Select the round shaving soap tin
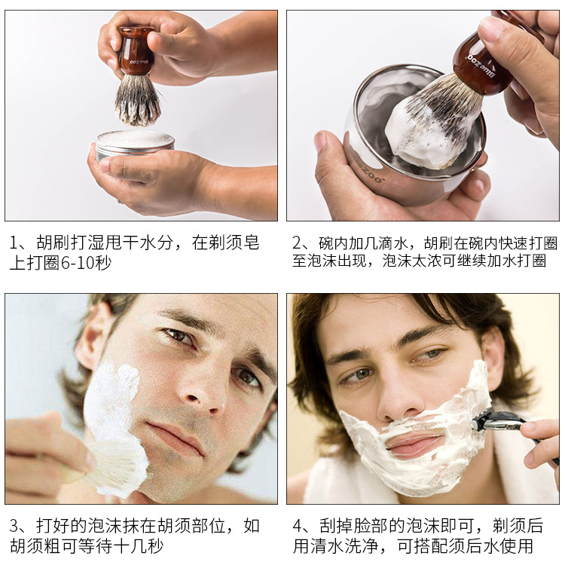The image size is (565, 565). coord(135,144)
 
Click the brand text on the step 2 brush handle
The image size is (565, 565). coord(481,66)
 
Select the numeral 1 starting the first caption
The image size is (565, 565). coord(14,243)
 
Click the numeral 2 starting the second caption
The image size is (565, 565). coord(297,243)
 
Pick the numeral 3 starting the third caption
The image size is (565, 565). coord(14,526)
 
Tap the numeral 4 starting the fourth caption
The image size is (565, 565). coord(298,526)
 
